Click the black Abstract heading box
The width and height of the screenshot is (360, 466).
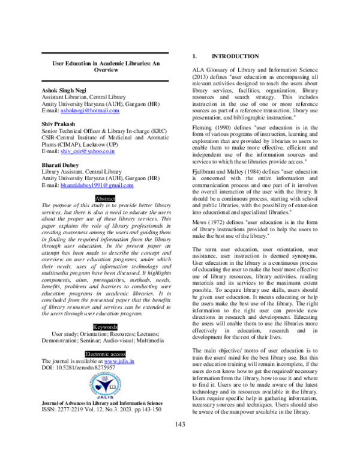pos(105,198)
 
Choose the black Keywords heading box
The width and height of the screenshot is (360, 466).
pos(105,327)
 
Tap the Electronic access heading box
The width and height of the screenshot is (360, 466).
pos(105,354)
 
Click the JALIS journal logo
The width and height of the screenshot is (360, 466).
pos(105,389)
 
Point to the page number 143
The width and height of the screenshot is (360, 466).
pos(180,441)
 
